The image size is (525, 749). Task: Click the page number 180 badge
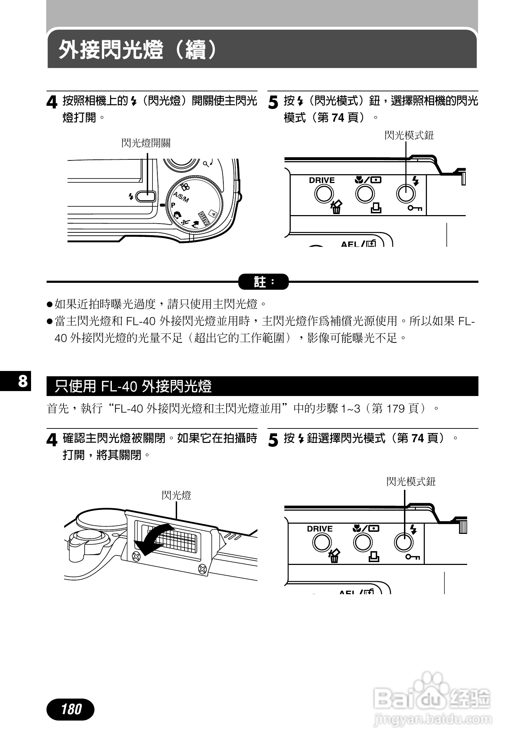point(71,709)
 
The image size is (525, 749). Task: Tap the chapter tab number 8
point(23,381)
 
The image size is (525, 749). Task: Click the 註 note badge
point(264,282)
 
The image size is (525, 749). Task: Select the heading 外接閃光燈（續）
point(138,49)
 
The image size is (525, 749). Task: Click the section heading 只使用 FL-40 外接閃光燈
point(133,386)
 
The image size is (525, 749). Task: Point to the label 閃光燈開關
point(146,143)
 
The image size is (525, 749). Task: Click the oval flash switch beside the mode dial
point(145,196)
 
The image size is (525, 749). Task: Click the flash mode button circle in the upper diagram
point(406,193)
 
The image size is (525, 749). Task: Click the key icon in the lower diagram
point(412,557)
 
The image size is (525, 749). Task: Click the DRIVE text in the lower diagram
point(320,529)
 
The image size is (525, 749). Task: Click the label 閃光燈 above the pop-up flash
point(176,495)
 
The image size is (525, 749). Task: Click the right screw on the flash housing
point(202,568)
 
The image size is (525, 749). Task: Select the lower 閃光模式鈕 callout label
point(411,482)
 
